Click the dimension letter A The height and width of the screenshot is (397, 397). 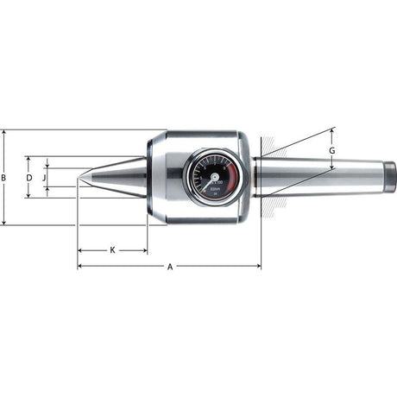pyautogui.click(x=170, y=267)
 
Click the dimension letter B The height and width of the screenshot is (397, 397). pyautogui.click(x=4, y=178)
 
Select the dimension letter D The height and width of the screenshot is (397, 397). pyautogui.click(x=28, y=178)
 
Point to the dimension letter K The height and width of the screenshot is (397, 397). pyautogui.click(x=112, y=250)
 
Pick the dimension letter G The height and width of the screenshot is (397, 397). pyautogui.click(x=333, y=150)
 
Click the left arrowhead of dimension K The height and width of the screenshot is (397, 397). pyautogui.click(x=80, y=251)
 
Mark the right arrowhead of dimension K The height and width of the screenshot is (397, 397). pyautogui.click(x=145, y=251)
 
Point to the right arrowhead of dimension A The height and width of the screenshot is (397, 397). pyautogui.click(x=258, y=266)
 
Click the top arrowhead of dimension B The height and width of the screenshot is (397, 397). pyautogui.click(x=4, y=133)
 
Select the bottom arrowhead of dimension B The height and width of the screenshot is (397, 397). pyautogui.click(x=4, y=223)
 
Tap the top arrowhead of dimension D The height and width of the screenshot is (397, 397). pyautogui.click(x=28, y=159)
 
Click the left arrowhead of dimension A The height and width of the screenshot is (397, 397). pyautogui.click(x=80, y=266)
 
